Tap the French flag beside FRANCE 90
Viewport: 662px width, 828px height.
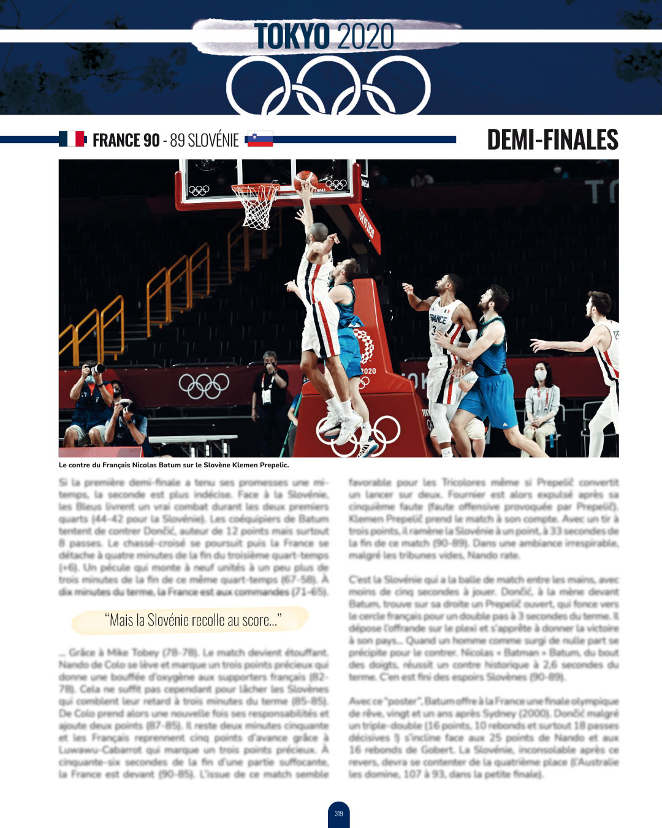72,139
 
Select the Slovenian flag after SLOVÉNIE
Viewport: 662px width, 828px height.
260,139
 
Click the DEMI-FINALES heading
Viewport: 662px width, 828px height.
552,140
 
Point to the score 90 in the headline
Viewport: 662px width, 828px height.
151,140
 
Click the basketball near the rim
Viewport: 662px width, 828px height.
305,180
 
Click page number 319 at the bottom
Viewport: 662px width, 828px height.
339,814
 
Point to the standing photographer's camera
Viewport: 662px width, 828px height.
96,369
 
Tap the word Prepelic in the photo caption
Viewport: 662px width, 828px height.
274,465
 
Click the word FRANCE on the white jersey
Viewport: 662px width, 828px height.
438,319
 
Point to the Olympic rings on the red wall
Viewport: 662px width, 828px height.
204,385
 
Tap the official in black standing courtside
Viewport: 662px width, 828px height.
270,393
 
